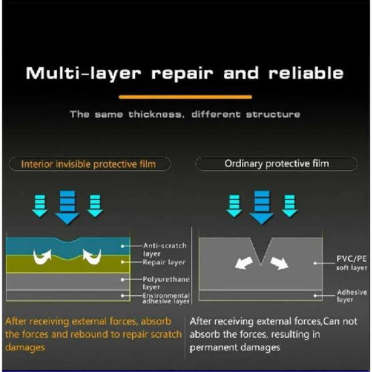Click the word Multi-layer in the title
84,74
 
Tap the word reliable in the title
306,73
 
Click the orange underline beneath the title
185,97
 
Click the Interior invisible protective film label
88,164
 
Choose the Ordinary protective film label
276,163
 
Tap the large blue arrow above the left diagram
68,207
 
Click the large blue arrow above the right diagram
262,207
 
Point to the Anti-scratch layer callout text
165,250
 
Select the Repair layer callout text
164,262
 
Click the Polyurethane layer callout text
166,283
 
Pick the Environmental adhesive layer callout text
166,298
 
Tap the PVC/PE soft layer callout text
352,263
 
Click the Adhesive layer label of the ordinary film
352,296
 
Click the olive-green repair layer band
68,264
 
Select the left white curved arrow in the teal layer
42,257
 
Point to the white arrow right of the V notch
280,263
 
